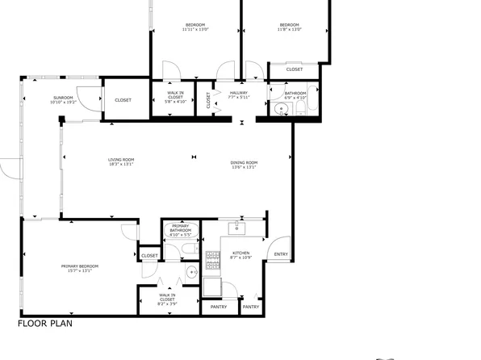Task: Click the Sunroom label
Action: click(62, 98)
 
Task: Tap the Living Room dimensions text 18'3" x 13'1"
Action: click(121, 165)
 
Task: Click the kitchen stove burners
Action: click(213, 260)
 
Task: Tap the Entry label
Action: click(280, 255)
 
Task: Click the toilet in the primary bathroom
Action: click(187, 251)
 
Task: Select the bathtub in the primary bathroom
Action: click(179, 239)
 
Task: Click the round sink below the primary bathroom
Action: click(192, 272)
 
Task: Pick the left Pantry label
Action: click(219, 307)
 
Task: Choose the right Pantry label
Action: click(251, 307)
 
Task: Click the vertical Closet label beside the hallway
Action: click(208, 100)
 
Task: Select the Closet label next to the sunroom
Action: click(123, 100)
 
